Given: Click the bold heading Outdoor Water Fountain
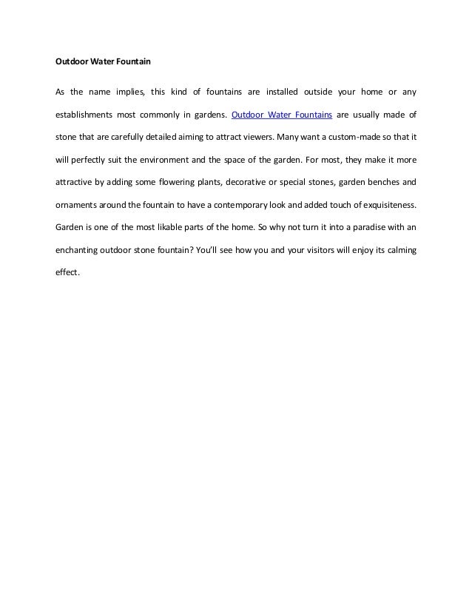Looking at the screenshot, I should click(104, 61).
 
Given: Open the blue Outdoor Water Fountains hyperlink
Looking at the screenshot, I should click(281, 115).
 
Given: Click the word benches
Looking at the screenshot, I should click(382, 181).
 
